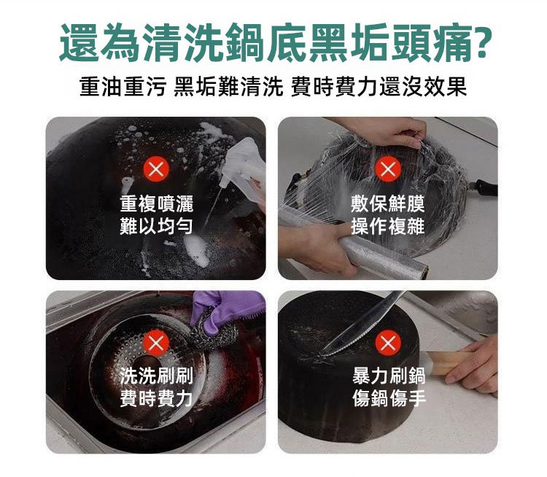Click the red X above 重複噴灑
pos(156,169)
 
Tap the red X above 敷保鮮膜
pos(387,169)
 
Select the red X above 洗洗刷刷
pos(156,343)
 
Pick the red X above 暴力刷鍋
pos(387,343)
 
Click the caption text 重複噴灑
pos(156,203)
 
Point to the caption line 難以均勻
pos(156,225)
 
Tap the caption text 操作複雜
pos(387,226)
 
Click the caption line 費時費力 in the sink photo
pos(156,397)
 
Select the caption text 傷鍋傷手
pos(388,397)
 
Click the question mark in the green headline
pos(482,42)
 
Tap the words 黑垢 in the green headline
pos(349,42)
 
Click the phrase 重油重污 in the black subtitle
pos(122,86)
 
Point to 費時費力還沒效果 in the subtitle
pos(379,86)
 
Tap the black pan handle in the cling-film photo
pos(484,187)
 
